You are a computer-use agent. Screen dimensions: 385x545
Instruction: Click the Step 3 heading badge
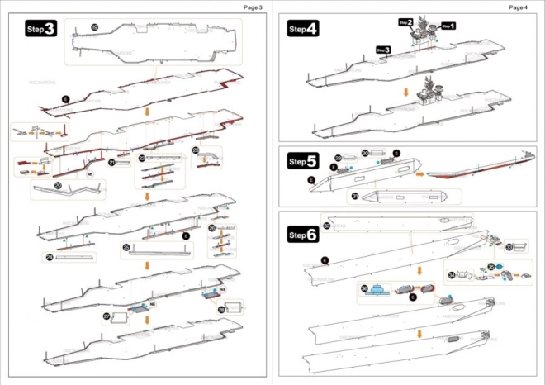tap(41, 29)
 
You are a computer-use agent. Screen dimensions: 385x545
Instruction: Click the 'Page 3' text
tap(253, 7)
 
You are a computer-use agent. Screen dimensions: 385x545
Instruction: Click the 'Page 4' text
tap(518, 7)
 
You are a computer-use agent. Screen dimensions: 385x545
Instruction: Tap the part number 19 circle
tap(94, 28)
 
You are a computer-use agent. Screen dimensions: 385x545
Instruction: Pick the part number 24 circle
tap(50, 258)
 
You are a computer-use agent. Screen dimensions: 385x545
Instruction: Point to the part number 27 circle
tap(107, 316)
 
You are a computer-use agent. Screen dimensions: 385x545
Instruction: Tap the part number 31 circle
tap(354, 197)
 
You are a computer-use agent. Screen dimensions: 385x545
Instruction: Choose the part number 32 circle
tap(327, 226)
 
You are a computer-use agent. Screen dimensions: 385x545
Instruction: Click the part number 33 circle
tap(509, 246)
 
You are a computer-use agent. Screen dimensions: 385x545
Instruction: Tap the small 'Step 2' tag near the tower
tap(405, 22)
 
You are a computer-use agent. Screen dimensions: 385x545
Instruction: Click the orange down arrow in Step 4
tap(404, 91)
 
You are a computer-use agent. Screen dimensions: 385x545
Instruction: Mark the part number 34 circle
tap(451, 275)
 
